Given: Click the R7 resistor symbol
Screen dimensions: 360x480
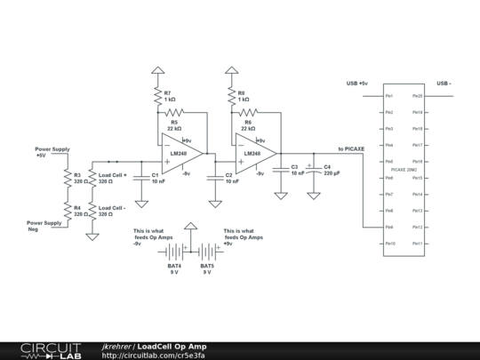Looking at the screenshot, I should coord(156,96).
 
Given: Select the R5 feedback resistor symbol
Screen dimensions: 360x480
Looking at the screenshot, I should coord(172,113).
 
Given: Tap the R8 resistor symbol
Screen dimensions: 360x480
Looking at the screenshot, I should coord(231,96).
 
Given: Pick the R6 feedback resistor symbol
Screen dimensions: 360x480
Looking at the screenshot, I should coord(247,113).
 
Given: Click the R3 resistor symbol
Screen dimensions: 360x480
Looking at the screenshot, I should coord(67,178).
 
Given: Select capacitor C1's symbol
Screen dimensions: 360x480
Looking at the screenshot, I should coord(140,177).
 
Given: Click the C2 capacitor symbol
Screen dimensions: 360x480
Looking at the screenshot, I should coord(213,177).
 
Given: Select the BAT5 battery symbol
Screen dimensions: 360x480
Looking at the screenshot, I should coord(206,252).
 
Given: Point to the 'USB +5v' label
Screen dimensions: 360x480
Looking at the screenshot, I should coord(357,84).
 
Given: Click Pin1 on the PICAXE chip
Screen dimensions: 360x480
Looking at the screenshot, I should coord(389,96).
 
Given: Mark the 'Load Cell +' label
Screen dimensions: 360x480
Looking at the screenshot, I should coord(113,175).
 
